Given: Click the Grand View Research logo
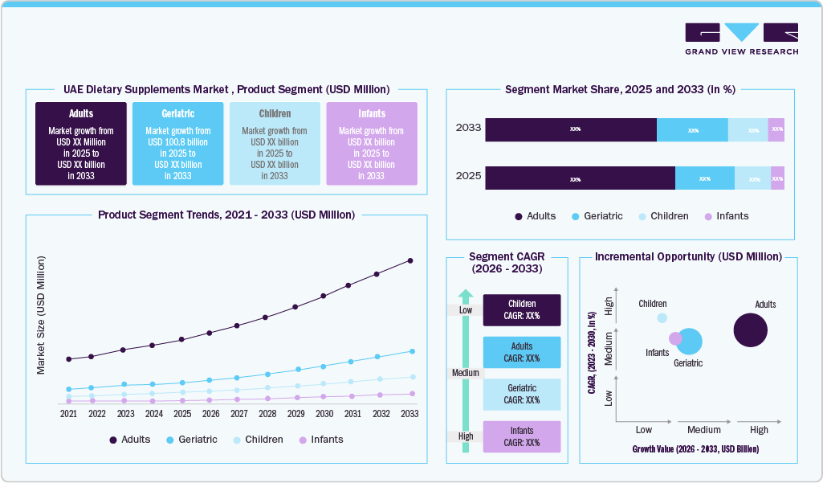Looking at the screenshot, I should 741,39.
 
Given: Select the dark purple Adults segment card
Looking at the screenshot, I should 80,144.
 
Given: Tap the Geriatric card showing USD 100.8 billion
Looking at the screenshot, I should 177,144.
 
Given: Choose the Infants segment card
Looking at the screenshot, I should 371,144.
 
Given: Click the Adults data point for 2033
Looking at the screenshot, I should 410,260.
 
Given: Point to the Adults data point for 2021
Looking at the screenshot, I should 69,358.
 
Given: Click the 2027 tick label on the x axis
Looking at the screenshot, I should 238,414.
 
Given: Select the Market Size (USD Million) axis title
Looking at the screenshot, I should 41,315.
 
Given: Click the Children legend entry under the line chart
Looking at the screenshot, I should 258,440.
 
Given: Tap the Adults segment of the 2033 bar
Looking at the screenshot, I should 571,129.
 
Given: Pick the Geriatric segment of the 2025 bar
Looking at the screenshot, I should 704,178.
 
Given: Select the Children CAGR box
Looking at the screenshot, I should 522,310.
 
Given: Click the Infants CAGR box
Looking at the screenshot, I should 522,436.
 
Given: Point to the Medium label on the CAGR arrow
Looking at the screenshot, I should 465,373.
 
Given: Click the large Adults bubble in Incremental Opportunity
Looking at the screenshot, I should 751,330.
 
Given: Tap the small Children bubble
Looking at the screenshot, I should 662,317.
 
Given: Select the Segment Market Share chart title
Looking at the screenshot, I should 620,90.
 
